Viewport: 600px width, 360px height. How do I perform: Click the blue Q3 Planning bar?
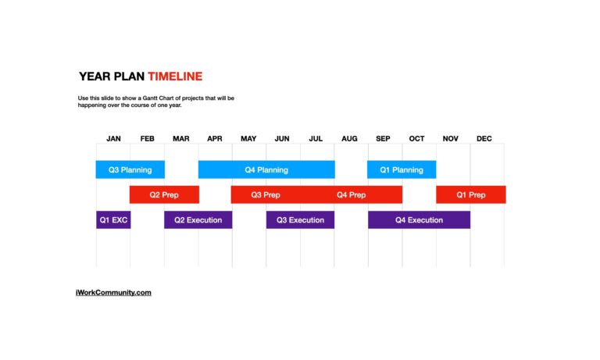click(130, 169)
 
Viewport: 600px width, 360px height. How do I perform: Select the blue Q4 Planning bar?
click(266, 169)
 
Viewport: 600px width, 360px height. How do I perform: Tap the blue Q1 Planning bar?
click(402, 169)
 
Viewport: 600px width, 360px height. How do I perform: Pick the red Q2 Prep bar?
click(164, 194)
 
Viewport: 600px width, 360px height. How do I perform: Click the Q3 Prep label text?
click(266, 194)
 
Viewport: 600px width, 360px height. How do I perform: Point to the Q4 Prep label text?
click(351, 194)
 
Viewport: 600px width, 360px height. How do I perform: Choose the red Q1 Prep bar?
click(470, 194)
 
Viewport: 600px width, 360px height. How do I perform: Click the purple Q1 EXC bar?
click(113, 220)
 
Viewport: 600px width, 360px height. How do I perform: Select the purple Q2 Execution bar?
click(198, 220)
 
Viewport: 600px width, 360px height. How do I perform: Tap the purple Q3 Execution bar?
click(300, 220)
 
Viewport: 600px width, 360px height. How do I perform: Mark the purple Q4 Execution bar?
click(419, 220)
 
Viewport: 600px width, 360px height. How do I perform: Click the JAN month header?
click(113, 139)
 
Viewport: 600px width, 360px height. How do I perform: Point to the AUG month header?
click(349, 139)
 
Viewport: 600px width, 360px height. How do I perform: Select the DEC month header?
click(484, 139)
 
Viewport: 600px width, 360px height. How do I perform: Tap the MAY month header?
click(248, 139)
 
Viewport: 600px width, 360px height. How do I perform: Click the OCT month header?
click(416, 139)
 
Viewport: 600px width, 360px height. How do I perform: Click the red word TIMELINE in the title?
click(175, 77)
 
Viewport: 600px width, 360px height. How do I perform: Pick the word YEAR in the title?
click(95, 77)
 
